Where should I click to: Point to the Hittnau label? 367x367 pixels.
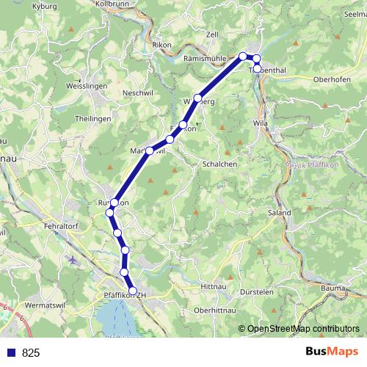pyautogui.click(x=214, y=287)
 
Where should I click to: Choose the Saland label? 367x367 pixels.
pyautogui.click(x=280, y=213)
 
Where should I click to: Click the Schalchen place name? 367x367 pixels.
pyautogui.click(x=219, y=164)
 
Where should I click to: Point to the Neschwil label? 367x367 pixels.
pyautogui.click(x=137, y=93)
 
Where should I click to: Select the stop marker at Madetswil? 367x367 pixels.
pyautogui.click(x=150, y=150)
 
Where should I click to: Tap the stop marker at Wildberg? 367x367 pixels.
pyautogui.click(x=197, y=98)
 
